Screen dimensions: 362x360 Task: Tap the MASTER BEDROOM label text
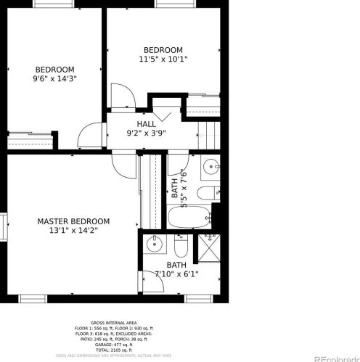coord(73,221)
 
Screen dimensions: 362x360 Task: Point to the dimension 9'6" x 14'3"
coord(55,78)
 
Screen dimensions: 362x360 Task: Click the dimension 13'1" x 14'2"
coord(73,230)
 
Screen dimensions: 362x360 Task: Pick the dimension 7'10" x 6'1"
coord(176,273)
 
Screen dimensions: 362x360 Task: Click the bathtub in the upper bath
coord(189,216)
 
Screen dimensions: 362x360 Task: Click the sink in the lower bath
coord(155,244)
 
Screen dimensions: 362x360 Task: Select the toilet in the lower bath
coord(180,247)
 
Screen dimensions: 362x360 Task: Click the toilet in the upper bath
coord(206,193)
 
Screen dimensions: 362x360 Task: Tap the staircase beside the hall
coord(208,133)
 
